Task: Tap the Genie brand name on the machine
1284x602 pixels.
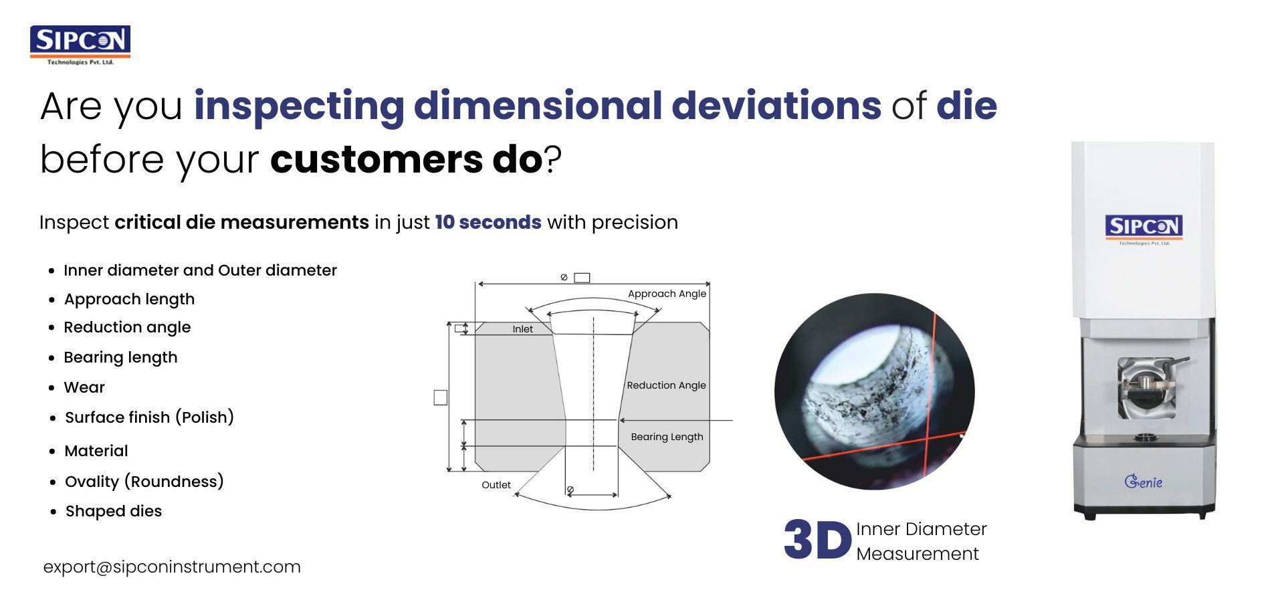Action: (x=1144, y=481)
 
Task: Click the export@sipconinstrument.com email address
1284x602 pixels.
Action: (x=172, y=567)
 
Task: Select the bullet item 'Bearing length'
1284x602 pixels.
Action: (x=120, y=357)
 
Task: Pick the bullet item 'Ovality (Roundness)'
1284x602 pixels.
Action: (x=144, y=482)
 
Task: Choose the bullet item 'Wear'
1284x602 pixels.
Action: (x=84, y=387)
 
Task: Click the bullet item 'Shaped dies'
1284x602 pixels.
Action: (x=113, y=511)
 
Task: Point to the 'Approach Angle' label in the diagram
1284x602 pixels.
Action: (x=667, y=294)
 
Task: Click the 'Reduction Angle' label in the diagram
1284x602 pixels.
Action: (x=666, y=385)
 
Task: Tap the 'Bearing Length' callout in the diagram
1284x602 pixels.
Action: (x=667, y=437)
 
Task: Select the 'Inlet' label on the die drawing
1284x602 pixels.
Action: (x=522, y=329)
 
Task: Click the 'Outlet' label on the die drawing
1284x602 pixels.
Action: (x=496, y=485)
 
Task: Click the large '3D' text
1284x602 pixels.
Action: (x=817, y=540)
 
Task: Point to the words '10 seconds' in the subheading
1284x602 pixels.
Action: (x=488, y=222)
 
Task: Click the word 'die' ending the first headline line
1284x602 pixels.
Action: (x=966, y=106)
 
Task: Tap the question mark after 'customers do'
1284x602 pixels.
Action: (x=553, y=160)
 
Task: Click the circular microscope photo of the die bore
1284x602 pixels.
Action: (x=874, y=391)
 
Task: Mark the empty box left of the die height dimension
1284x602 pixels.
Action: (x=440, y=397)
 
